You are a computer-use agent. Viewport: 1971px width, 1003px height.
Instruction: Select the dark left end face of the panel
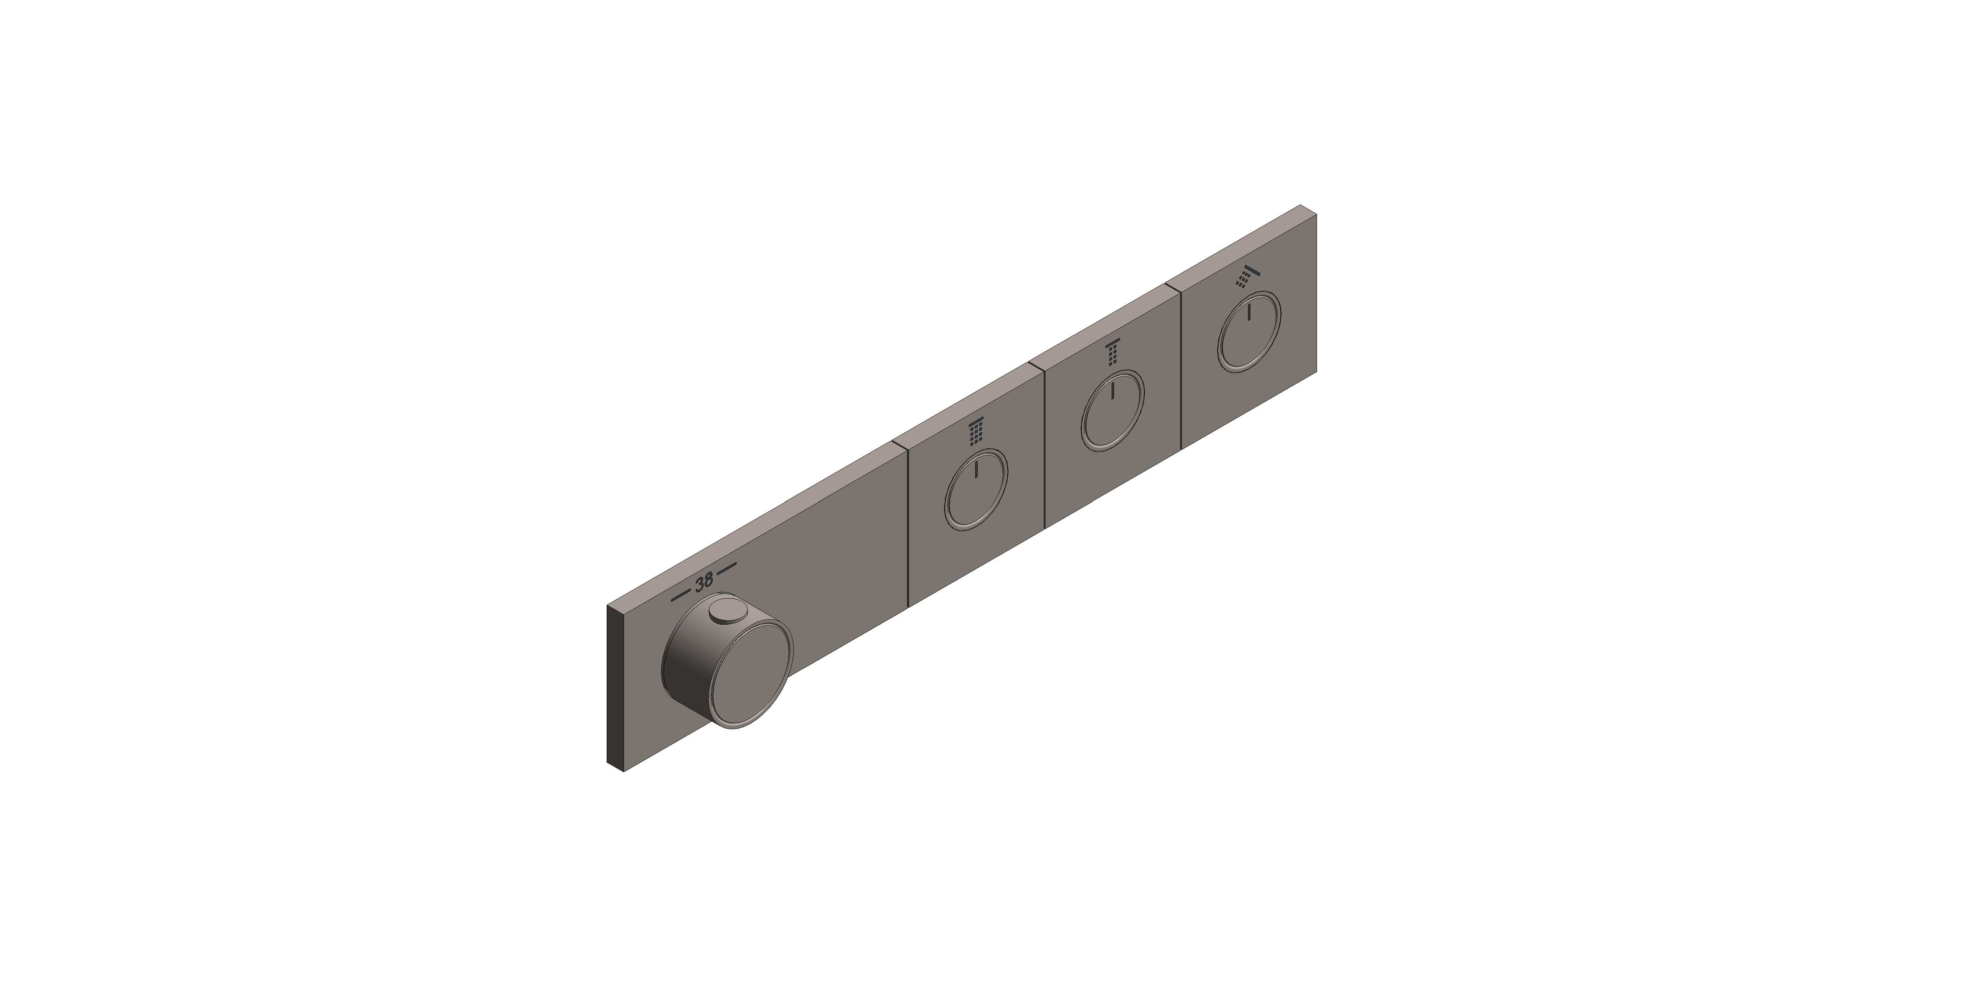pos(616,689)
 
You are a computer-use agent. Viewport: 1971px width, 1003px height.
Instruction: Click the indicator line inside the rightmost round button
pos(1249,312)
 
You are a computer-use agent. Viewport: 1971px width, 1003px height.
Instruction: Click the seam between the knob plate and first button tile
pos(907,528)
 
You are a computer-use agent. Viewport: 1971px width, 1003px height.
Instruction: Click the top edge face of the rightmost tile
pos(1239,249)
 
